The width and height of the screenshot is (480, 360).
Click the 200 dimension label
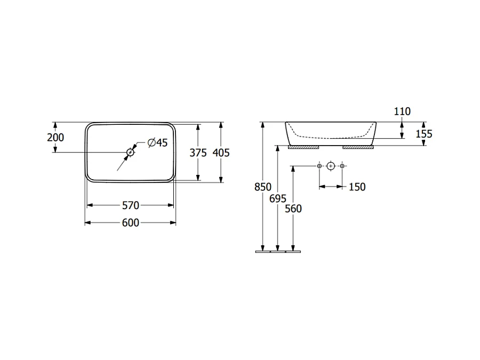(x=55, y=138)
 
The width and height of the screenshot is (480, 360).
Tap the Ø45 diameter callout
(x=157, y=142)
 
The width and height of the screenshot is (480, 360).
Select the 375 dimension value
(x=198, y=153)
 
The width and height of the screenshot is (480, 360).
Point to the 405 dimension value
(x=221, y=153)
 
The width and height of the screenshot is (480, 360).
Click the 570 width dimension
(x=131, y=205)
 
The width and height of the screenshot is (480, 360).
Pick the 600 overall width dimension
(x=131, y=222)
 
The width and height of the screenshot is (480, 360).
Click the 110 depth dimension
(x=402, y=111)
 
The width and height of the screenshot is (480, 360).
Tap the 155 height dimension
(x=424, y=134)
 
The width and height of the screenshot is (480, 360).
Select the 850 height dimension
(x=263, y=187)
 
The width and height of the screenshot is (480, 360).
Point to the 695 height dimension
(x=278, y=199)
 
